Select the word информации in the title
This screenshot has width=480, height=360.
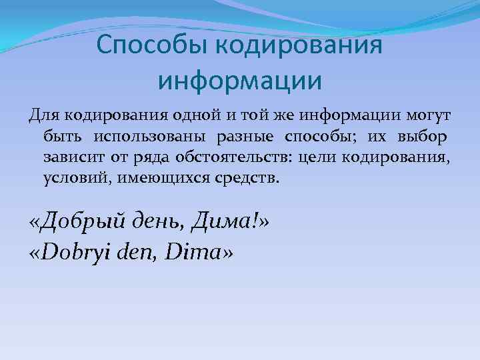pyautogui.click(x=240, y=81)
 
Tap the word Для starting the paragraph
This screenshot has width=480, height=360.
pyautogui.click(x=45, y=117)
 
